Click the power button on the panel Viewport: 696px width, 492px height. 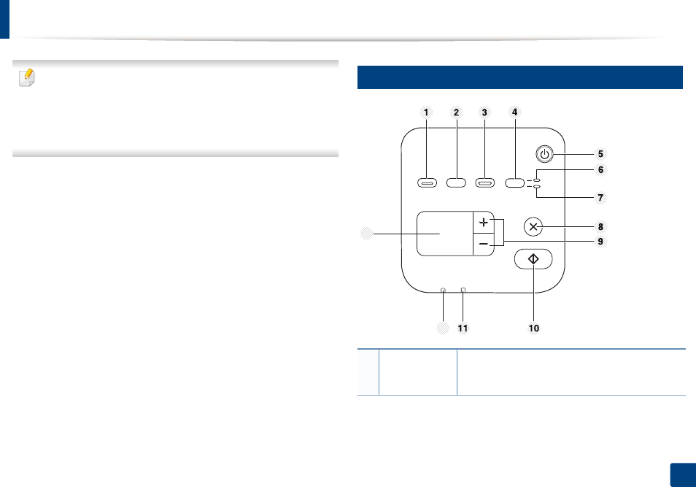coord(545,154)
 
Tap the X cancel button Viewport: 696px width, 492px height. coord(533,227)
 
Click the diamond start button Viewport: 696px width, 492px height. coord(533,259)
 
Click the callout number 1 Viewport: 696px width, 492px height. coord(426,112)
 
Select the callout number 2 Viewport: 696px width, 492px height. coord(456,112)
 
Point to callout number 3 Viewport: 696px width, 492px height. coord(484,112)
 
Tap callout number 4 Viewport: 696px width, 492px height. coord(514,112)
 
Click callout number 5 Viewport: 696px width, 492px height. coord(600,154)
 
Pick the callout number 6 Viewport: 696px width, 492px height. coord(600,169)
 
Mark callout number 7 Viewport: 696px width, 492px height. coord(600,198)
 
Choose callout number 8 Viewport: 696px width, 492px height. coord(600,227)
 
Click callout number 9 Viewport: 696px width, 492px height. coord(600,242)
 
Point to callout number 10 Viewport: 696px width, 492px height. coord(533,328)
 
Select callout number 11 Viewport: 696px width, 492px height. coord(463,328)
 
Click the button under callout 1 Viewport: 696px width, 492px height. coord(427,183)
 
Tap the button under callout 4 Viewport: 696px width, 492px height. coord(515,183)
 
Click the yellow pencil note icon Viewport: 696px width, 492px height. coord(27,77)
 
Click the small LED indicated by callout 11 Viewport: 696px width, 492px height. coord(463,291)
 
